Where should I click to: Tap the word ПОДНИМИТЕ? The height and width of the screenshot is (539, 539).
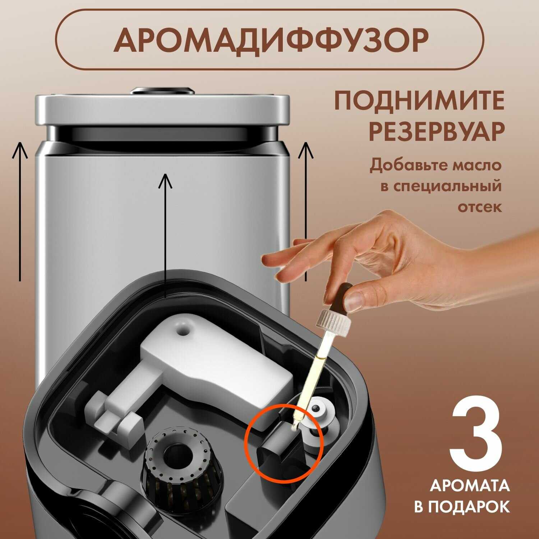coord(419,101)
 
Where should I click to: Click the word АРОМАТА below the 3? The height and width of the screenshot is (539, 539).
coord(469,486)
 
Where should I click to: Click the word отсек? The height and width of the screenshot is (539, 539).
coord(479,207)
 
